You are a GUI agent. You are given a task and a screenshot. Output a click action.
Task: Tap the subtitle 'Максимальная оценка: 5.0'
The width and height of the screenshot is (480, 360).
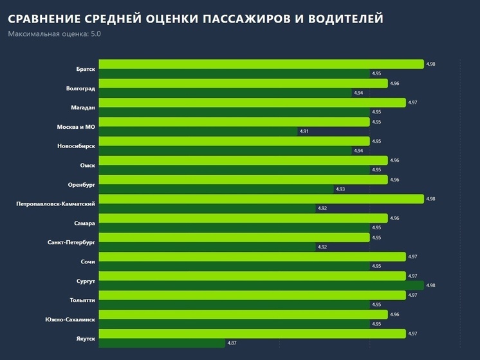tap(54, 33)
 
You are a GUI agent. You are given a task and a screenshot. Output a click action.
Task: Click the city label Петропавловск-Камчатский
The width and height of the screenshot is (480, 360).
tap(56, 204)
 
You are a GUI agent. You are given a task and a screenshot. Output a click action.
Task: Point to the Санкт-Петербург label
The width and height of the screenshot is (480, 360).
tap(71, 242)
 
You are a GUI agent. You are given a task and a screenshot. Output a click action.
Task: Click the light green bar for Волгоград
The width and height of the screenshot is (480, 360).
tap(243, 84)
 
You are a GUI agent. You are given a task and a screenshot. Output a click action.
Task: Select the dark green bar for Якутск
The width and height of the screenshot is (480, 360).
tap(161, 343)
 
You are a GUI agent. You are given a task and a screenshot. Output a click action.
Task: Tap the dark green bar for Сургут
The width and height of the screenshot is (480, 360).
tap(261, 285)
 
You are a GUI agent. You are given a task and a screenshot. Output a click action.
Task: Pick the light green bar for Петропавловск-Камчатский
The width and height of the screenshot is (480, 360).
tap(261, 199)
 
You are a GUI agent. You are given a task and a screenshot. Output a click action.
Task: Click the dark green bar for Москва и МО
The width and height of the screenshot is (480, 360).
tap(198, 131)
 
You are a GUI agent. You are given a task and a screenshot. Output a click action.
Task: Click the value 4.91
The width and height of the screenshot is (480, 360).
tap(304, 131)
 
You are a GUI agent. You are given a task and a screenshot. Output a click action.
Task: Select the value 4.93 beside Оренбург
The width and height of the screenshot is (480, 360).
tap(340, 189)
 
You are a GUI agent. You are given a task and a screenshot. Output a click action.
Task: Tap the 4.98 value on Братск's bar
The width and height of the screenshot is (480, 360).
tap(430, 64)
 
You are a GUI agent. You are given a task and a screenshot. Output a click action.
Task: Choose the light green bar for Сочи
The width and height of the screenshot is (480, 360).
tap(252, 257)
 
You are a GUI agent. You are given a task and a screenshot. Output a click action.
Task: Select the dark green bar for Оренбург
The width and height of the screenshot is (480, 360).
tap(216, 189)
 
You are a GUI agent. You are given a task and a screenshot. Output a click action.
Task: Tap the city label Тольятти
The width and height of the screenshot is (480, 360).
tap(82, 300)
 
